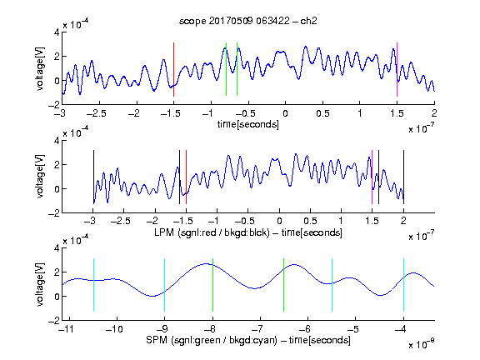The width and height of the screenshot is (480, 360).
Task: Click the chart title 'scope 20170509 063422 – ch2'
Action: click(x=248, y=21)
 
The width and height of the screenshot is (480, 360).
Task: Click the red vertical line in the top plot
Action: click(x=173, y=69)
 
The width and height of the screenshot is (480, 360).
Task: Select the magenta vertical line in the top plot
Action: click(x=397, y=69)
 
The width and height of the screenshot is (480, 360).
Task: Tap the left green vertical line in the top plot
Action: click(x=226, y=69)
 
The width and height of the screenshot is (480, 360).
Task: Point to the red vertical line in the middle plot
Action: click(x=186, y=177)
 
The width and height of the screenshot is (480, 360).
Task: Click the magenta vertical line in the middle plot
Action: click(x=372, y=177)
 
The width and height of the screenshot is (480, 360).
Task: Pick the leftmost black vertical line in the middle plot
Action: click(x=93, y=177)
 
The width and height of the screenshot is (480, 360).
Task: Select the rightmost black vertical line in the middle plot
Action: click(x=403, y=177)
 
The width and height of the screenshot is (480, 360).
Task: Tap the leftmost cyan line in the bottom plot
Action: click(x=93, y=285)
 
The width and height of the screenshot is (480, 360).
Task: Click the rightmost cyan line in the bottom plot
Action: click(x=403, y=285)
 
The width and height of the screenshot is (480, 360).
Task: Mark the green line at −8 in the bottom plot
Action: click(x=212, y=285)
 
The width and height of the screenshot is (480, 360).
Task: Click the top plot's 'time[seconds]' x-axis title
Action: click(x=248, y=124)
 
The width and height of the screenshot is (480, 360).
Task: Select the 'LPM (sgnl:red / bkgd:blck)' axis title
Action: click(x=212, y=232)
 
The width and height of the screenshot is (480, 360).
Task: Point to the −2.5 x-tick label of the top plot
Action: click(x=97, y=113)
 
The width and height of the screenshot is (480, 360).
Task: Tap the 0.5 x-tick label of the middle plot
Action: click(x=310, y=221)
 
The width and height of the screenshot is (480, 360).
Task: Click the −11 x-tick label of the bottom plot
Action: click(x=67, y=329)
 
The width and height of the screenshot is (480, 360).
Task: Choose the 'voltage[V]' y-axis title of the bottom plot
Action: click(x=40, y=284)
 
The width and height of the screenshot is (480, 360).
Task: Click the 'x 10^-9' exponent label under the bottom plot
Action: click(x=422, y=344)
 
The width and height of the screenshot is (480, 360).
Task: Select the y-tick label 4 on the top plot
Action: click(x=57, y=32)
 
